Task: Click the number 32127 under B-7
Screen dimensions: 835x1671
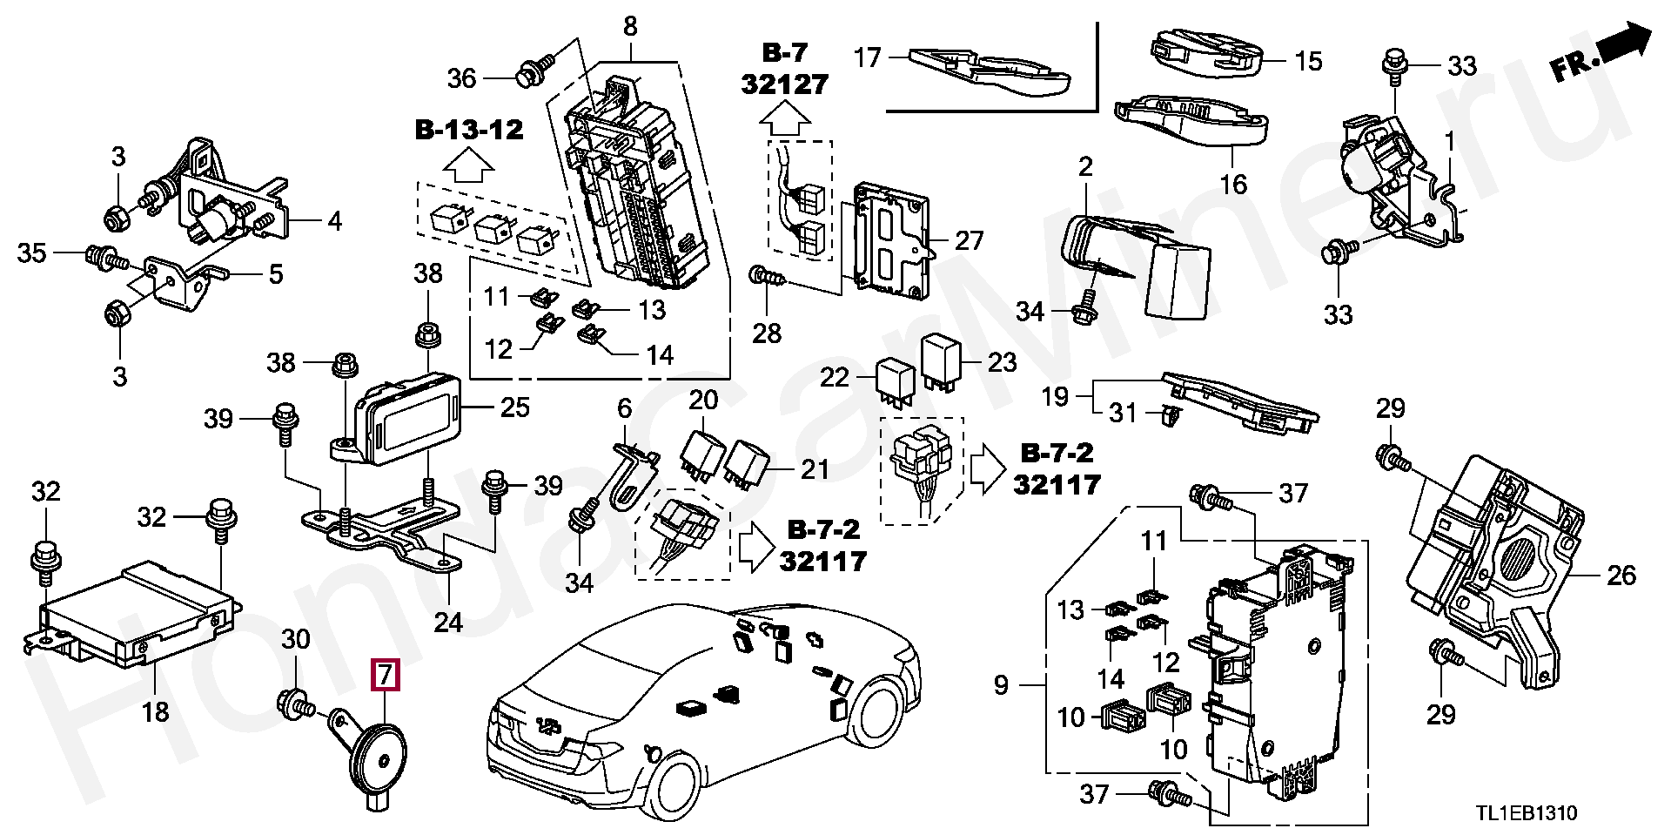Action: (785, 84)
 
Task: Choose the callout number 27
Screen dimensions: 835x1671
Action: (970, 241)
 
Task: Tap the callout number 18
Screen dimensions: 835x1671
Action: (155, 712)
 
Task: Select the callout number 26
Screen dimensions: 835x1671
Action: (1621, 575)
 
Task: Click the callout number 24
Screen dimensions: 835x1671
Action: (449, 622)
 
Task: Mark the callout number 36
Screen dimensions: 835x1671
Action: (462, 78)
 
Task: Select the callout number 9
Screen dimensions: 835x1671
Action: (1001, 686)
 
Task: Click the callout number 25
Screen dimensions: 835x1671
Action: (515, 407)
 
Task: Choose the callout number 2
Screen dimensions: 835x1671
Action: (1085, 166)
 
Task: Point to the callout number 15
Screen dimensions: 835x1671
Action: (1308, 61)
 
